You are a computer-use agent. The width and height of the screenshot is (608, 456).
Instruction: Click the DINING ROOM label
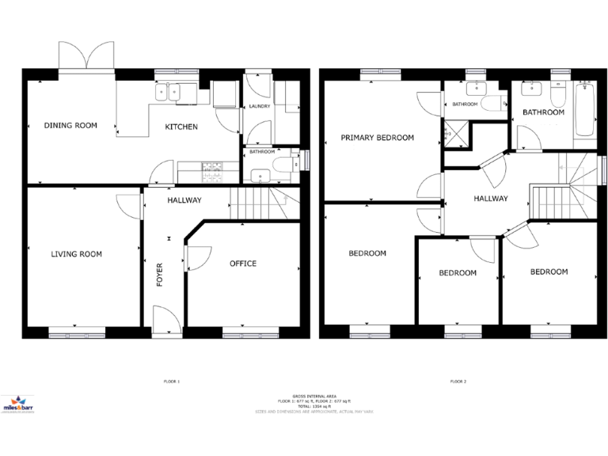point(70,125)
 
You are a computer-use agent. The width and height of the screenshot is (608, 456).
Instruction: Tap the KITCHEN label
point(180,127)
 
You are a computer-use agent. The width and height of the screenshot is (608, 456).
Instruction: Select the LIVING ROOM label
point(77,254)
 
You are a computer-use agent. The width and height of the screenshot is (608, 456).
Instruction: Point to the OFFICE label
point(242,264)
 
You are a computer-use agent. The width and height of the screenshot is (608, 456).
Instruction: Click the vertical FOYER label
point(159,273)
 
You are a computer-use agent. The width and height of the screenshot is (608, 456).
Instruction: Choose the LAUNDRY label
point(260,106)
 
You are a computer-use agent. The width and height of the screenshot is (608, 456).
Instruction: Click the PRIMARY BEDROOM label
point(377,138)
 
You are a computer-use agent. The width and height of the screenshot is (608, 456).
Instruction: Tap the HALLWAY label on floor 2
point(490,199)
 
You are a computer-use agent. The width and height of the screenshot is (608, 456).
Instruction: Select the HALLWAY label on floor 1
point(184,200)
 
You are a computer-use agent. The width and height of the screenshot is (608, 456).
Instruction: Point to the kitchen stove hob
point(213,168)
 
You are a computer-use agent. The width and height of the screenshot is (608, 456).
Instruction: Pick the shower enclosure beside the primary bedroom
point(458,135)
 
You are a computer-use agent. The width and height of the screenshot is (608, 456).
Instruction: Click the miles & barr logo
point(22,405)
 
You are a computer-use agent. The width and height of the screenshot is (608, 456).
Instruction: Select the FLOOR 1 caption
point(170,382)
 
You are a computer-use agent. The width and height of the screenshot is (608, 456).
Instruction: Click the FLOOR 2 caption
point(458,382)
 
